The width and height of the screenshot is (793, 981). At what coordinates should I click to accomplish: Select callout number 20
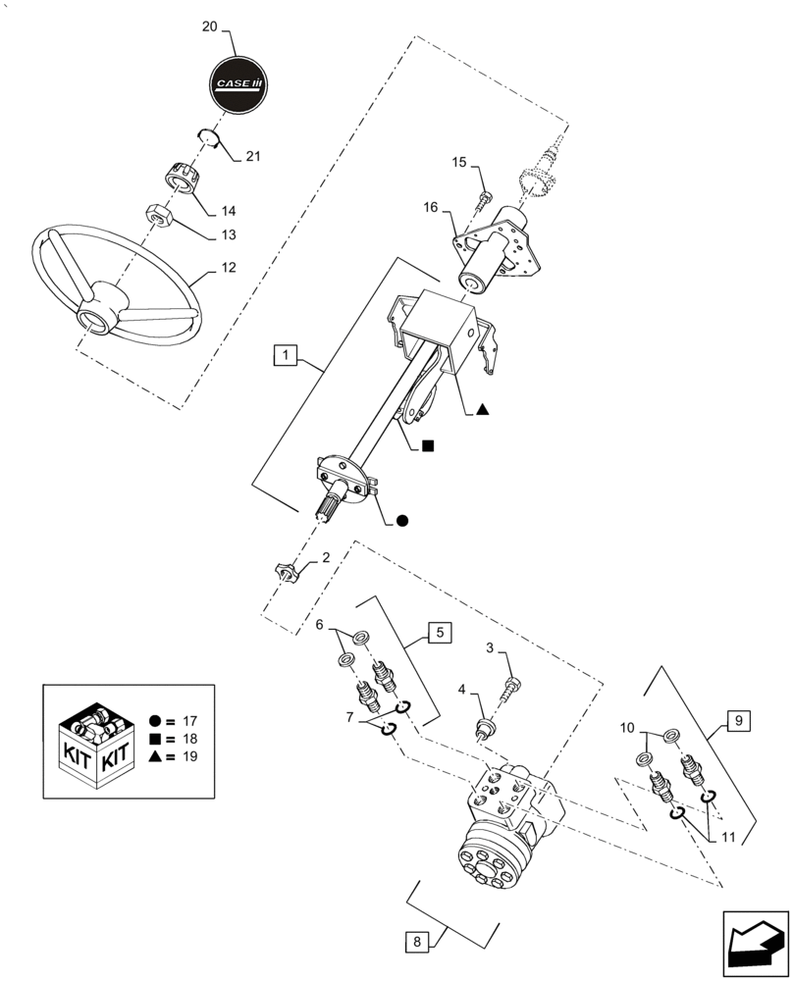pyautogui.click(x=209, y=27)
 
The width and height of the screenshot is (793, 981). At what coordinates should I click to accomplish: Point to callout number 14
pyautogui.click(x=228, y=211)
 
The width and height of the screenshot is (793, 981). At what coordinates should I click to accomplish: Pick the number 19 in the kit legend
pyautogui.click(x=191, y=757)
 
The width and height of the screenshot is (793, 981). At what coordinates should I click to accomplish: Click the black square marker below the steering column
pyautogui.click(x=427, y=446)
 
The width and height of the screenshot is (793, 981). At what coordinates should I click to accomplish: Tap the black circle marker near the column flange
pyautogui.click(x=401, y=521)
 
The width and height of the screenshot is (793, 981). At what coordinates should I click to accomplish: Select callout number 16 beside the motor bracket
pyautogui.click(x=431, y=207)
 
